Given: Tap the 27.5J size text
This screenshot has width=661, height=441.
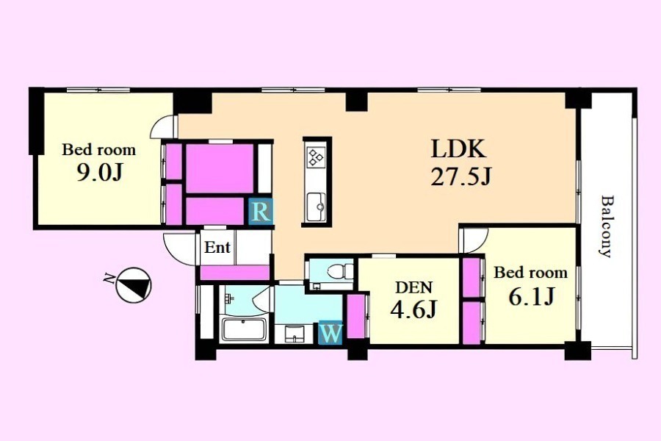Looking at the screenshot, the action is tap(460, 177).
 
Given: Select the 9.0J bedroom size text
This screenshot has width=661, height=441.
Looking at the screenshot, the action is tap(99, 172).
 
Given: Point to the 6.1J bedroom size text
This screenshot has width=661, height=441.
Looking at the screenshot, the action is tap(531, 297).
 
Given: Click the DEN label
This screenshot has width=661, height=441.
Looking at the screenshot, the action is tap(413, 287).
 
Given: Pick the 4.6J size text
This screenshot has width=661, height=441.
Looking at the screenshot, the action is tap(413, 310).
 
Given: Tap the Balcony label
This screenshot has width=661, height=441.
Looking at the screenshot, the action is tap(606, 226).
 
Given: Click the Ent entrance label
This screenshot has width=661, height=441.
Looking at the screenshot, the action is tap(217, 247).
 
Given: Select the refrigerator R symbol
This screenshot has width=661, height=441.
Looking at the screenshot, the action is tap(261, 212).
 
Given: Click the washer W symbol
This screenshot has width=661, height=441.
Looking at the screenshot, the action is tap(331, 334).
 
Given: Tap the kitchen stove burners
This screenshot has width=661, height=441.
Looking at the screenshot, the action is tap(316, 157).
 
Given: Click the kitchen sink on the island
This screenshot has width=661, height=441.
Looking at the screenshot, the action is tap(316, 207).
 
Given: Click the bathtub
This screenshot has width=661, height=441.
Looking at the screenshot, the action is tap(244, 329).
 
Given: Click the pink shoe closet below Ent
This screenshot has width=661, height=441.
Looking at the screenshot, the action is tap(235, 273).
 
